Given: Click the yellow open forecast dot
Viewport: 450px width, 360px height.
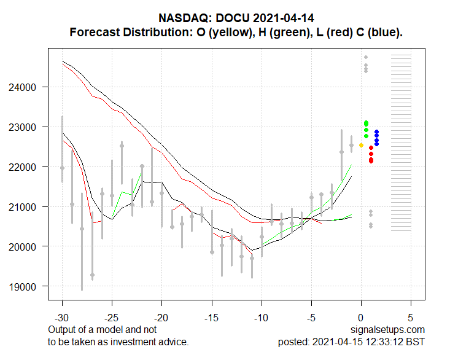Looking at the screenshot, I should click(x=362, y=146).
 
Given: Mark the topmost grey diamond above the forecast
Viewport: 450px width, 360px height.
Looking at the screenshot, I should click(x=366, y=57).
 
